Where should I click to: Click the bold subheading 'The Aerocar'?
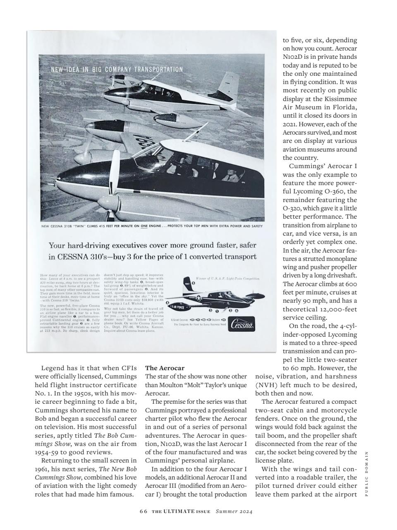165,368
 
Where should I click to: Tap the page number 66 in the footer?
143,511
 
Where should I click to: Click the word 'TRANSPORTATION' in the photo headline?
158,69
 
